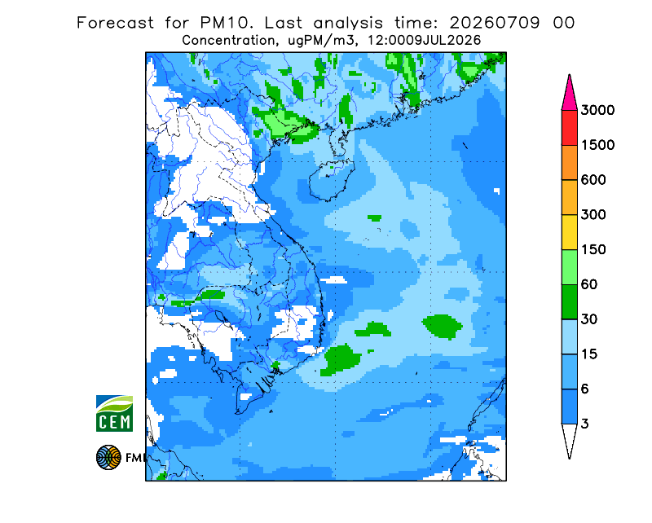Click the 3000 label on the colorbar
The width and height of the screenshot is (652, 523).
(597, 110)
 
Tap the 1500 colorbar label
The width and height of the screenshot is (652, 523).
(597, 145)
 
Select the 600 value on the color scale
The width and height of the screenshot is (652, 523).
(593, 180)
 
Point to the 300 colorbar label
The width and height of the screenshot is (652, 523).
(593, 215)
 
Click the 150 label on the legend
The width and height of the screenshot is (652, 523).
(593, 250)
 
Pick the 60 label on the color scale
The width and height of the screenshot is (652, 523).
(589, 285)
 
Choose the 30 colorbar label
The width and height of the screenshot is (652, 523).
(589, 319)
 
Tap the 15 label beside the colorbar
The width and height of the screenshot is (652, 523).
(589, 354)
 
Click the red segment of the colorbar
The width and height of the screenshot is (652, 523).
(569, 128)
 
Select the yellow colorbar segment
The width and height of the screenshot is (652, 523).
(569, 232)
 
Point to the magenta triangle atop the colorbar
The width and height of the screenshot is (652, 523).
(569, 94)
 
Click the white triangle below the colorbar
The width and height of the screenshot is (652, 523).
(569, 440)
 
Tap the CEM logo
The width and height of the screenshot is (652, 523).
(114, 413)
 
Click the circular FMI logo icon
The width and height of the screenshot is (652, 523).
(108, 457)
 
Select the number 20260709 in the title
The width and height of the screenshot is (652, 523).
(495, 23)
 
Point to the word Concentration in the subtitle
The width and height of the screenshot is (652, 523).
(229, 41)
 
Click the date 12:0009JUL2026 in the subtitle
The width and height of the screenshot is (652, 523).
(424, 41)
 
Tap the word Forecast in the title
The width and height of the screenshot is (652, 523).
(115, 23)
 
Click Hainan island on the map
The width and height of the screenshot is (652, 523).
(331, 179)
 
